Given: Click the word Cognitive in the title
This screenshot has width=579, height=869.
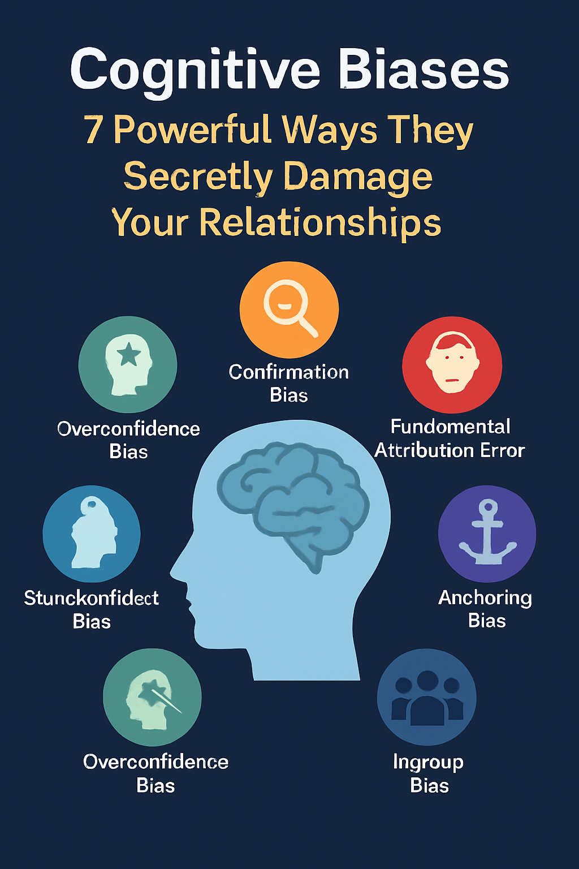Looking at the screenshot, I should coord(195,71).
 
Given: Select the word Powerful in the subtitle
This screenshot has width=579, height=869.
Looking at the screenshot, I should coord(192,130).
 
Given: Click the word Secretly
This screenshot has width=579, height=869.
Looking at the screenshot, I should coord(198,177).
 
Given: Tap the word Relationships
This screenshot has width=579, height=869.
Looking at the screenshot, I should coord(320,222).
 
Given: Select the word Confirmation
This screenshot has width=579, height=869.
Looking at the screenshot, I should coord(289,372).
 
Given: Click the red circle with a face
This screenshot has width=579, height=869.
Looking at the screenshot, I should coord(452,364).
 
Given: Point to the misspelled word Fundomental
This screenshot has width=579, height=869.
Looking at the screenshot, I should coord(451,426).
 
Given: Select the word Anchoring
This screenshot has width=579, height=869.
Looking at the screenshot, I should coord(485,597).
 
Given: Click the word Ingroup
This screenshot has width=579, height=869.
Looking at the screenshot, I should coord(428,762).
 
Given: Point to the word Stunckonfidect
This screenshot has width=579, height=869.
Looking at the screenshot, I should coord(91,598).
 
